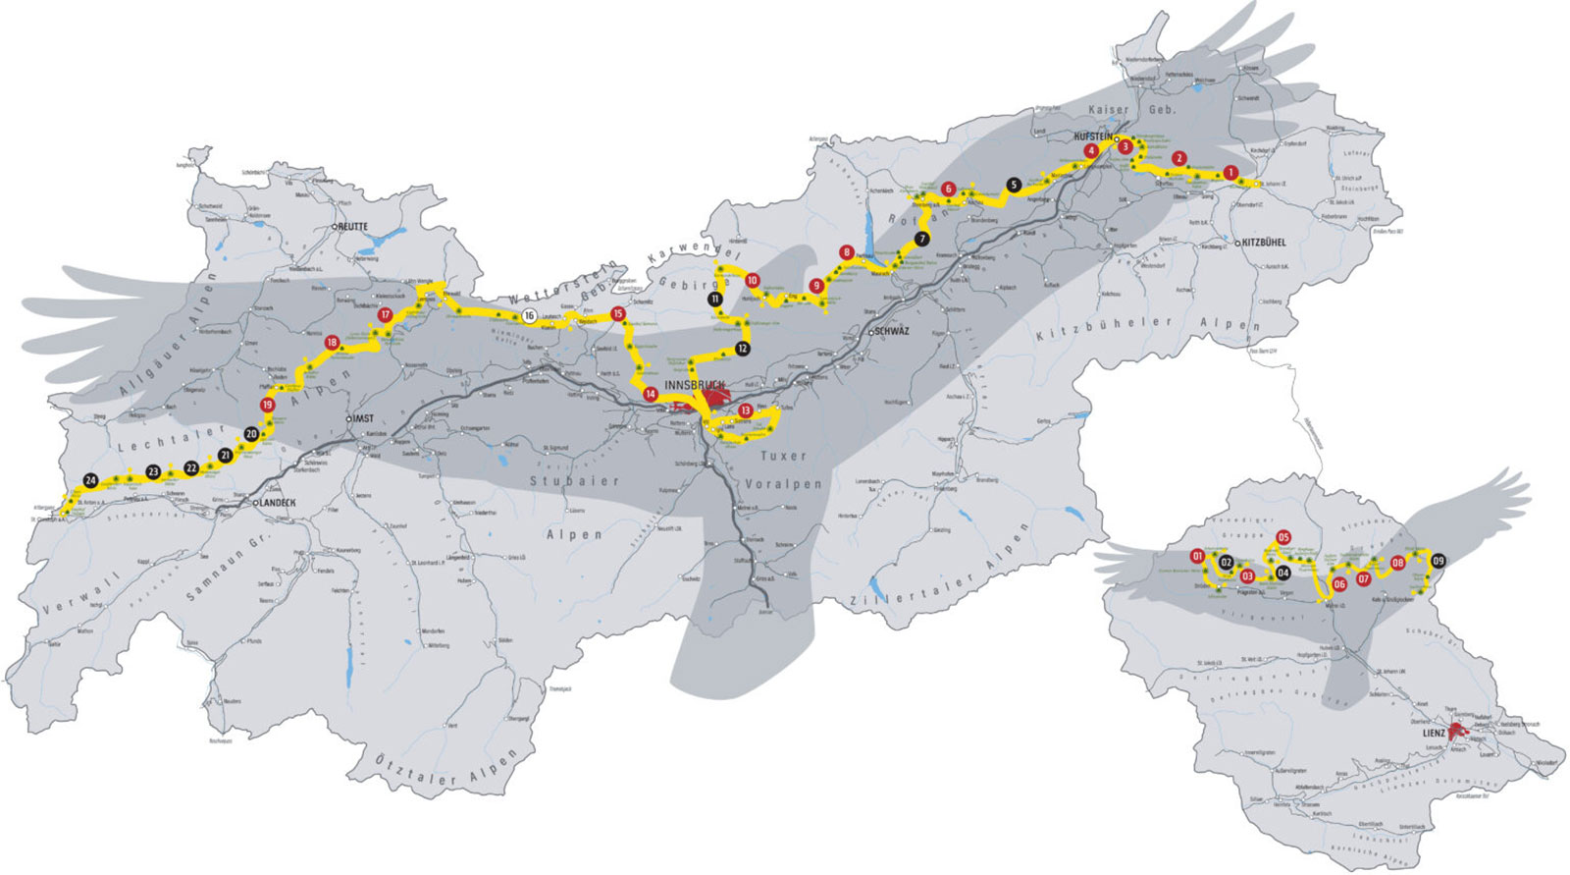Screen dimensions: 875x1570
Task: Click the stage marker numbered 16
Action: [530, 316]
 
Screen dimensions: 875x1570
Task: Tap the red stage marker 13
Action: [746, 410]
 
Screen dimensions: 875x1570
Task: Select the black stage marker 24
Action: [90, 480]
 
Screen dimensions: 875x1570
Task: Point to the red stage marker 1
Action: [1230, 173]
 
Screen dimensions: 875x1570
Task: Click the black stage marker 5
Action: [1014, 185]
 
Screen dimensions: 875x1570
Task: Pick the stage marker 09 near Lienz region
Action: [1439, 561]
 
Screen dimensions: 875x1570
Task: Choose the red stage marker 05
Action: [1283, 537]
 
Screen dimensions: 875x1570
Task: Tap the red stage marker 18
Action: [332, 343]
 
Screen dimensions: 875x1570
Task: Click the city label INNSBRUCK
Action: [694, 385]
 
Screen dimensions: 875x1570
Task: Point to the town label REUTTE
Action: [352, 226]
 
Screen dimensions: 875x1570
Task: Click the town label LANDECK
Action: [278, 503]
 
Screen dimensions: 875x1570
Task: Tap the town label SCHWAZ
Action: [890, 332]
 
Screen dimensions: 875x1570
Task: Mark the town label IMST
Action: [362, 418]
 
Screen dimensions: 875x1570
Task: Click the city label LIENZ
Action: [1434, 733]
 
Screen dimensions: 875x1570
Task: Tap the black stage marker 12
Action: [743, 348]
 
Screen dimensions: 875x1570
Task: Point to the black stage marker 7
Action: [920, 239]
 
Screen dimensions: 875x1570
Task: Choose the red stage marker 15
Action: [617, 314]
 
